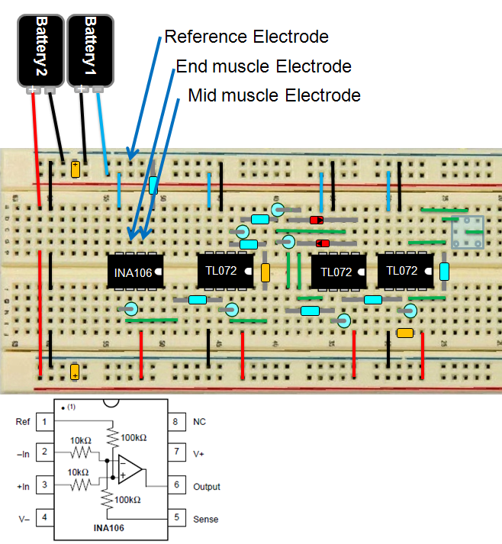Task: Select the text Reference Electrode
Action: coord(246,37)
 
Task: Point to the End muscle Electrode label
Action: coord(263,66)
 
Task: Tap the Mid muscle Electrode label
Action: coord(274,95)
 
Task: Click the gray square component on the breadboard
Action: coord(467,233)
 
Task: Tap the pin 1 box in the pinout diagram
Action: coord(44,422)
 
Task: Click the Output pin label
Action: coord(207,487)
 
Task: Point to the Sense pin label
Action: coord(205,520)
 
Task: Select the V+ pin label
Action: coord(198,454)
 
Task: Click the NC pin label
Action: coord(199,422)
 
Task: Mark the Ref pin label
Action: coord(22,422)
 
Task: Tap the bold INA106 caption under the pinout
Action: coord(108,528)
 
